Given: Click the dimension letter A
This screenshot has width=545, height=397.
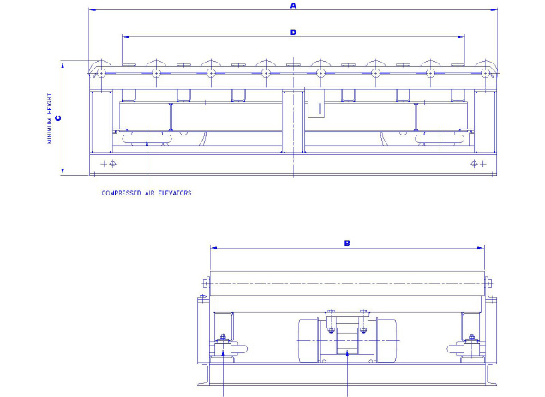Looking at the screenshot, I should tap(293, 5).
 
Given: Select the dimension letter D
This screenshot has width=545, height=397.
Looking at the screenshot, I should tap(293, 33).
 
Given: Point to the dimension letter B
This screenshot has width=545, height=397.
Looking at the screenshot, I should tap(347, 243).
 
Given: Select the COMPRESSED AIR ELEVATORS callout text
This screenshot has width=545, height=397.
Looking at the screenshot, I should tap(147, 193).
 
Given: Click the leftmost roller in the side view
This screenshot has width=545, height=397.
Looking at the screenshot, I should tap(101, 74).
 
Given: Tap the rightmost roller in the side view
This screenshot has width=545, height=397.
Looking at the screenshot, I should tap(485, 74).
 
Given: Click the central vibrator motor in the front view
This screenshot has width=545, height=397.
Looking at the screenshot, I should tap(347, 342).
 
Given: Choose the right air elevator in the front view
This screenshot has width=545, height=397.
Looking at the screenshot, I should tap(470, 348).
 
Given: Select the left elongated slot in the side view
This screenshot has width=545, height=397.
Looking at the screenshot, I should tap(147, 139).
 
